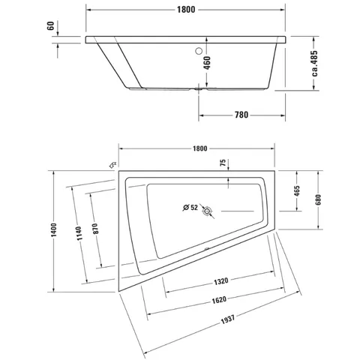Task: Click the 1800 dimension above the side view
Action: tap(186, 10)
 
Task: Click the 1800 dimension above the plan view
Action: tap(200, 148)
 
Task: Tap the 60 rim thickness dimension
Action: tap(50, 25)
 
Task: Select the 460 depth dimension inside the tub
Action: tap(207, 63)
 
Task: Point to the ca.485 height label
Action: tap(314, 63)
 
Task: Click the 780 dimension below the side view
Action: tap(241, 115)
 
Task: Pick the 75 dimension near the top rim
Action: tap(223, 163)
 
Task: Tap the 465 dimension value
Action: tap(297, 191)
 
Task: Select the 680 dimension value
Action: tap(318, 199)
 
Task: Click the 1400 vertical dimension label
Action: tap(54, 230)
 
